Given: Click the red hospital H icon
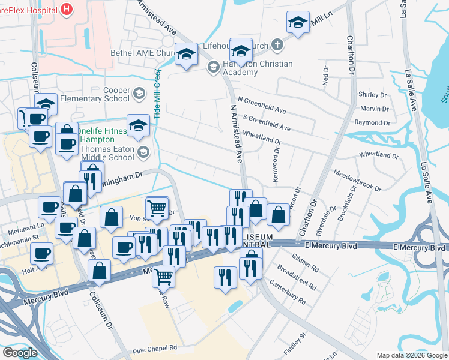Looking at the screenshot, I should pos(66,9).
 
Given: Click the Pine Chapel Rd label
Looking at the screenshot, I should pos(155,347).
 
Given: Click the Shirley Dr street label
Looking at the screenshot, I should pos(372,95).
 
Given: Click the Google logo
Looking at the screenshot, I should pos(20,353).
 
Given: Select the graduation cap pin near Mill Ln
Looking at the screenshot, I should pos(298,23).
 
